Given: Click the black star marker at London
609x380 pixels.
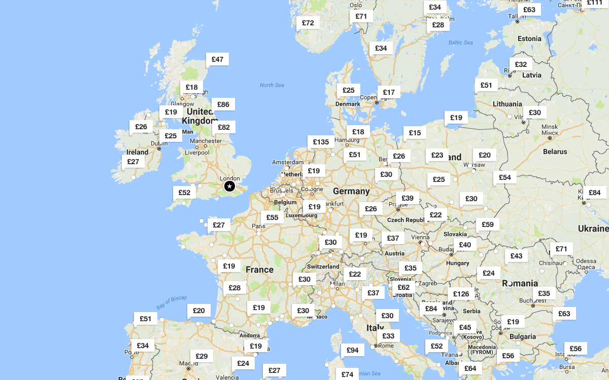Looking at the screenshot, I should coord(230,187).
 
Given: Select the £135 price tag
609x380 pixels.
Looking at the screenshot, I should coord(321,142).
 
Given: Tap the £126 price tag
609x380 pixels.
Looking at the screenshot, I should coord(461,294).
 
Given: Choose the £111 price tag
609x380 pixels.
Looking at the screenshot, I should coord(594,3).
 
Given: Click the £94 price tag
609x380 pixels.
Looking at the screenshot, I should coord(352,350).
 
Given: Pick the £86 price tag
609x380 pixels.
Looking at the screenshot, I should coord(223,105).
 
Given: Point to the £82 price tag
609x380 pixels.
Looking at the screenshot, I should coord(223,127).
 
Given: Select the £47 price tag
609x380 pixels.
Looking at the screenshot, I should coord(217,59).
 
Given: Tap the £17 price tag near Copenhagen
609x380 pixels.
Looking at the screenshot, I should coord(389,92).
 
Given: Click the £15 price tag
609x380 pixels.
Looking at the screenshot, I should coord(415,133).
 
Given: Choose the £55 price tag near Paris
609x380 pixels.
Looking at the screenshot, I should coord(272,217).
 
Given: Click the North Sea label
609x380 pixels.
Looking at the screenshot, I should coord(272,85).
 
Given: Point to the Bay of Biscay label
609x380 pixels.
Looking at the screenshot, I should coord(172,302).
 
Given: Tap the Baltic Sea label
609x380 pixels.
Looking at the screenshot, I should coord(460,43).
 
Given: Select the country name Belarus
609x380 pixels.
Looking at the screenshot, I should coord(555,151).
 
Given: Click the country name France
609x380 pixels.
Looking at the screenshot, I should coord(259,270).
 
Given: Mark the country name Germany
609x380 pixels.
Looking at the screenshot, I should coord(351,191).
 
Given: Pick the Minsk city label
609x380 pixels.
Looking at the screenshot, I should coord(550,127).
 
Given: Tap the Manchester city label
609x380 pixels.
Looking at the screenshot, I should coord(206,141).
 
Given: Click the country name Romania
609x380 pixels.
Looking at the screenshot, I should coord(520,283).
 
